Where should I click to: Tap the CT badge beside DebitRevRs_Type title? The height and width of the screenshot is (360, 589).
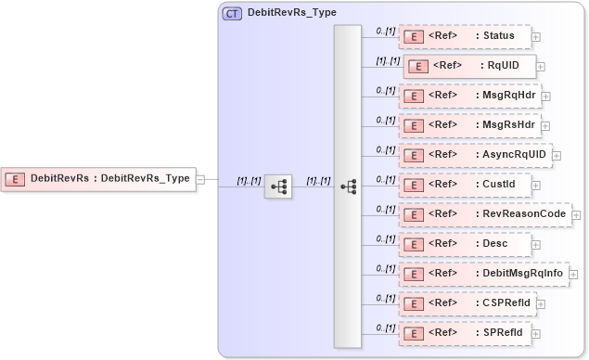tap(231, 13)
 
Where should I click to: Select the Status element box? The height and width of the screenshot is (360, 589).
tap(465, 37)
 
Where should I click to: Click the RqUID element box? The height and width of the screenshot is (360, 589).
tap(467, 66)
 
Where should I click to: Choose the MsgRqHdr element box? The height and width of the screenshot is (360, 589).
tap(469, 95)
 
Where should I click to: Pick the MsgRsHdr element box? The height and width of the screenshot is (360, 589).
tap(469, 123)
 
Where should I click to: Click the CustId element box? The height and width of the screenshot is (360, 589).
tap(465, 184)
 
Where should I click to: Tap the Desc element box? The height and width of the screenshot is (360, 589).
tap(465, 244)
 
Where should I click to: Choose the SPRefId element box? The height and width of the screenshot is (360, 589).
tap(465, 331)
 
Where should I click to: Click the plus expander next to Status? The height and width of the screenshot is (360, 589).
tap(536, 38)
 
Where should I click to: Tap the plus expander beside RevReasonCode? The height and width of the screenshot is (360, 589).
tap(576, 214)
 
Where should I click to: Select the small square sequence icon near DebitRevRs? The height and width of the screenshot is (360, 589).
tap(278, 186)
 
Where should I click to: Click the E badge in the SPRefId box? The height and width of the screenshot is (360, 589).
tap(416, 332)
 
